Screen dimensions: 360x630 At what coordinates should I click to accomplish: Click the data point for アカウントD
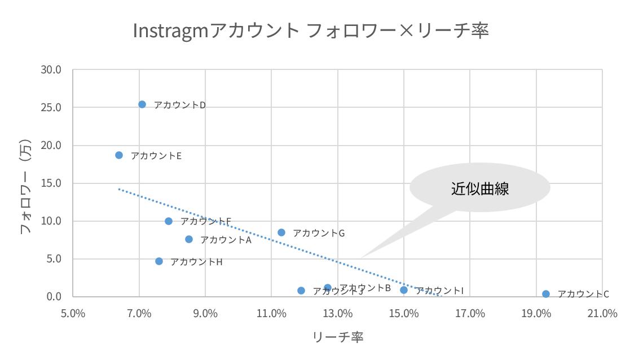pyautogui.click(x=142, y=104)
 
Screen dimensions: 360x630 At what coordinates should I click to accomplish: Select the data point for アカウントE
pyautogui.click(x=119, y=155)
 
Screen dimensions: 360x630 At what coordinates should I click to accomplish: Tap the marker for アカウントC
pyautogui.click(x=546, y=294)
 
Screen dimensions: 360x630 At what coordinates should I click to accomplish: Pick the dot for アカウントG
pyautogui.click(x=281, y=232)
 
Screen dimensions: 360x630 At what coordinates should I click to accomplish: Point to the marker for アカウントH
pyautogui.click(x=159, y=261)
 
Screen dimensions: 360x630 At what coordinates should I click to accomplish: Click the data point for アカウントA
pyautogui.click(x=189, y=239)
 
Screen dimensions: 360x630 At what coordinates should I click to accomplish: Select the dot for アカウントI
pyautogui.click(x=404, y=290)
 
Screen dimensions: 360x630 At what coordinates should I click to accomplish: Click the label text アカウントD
pyautogui.click(x=180, y=105)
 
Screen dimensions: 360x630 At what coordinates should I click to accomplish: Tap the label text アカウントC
pyautogui.click(x=583, y=294)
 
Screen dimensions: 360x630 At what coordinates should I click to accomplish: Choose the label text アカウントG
pyautogui.click(x=319, y=233)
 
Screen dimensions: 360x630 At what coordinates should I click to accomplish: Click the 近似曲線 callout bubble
pyautogui.click(x=479, y=188)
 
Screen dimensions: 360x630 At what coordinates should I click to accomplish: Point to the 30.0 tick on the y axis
pyautogui.click(x=51, y=69)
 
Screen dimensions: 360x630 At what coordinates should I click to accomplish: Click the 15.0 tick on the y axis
pyautogui.click(x=51, y=183)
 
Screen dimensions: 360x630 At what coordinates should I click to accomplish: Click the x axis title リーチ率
pyautogui.click(x=338, y=337)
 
